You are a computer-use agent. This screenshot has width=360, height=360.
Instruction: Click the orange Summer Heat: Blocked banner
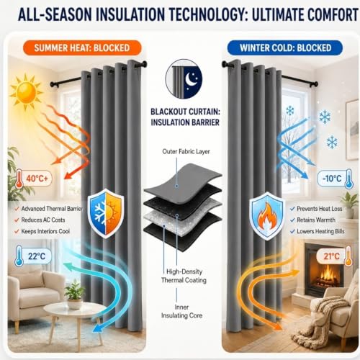point(82,48)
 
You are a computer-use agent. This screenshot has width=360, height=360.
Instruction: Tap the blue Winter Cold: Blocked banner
point(285,48)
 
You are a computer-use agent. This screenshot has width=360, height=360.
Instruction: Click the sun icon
point(26,91)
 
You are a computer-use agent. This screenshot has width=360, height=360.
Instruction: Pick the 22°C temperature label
point(33,256)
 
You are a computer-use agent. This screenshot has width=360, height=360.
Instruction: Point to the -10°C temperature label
point(335,179)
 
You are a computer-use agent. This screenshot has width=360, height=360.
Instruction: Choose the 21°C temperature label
point(335,256)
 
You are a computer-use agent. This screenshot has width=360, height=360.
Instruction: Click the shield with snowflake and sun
point(106,212)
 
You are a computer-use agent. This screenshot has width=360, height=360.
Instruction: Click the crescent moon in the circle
point(191,79)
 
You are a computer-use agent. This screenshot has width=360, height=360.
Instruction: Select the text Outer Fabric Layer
point(186,151)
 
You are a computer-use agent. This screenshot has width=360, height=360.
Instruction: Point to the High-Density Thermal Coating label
point(184,276)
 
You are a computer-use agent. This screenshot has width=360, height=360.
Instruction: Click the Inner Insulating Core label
point(181,311)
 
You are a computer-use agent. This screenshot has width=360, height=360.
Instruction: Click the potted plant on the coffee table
point(75,294)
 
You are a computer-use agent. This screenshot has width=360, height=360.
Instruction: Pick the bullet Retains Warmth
point(312,220)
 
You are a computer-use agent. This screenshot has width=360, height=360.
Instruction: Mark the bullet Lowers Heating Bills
point(318,231)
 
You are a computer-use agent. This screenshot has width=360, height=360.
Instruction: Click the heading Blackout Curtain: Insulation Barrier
point(185,117)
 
